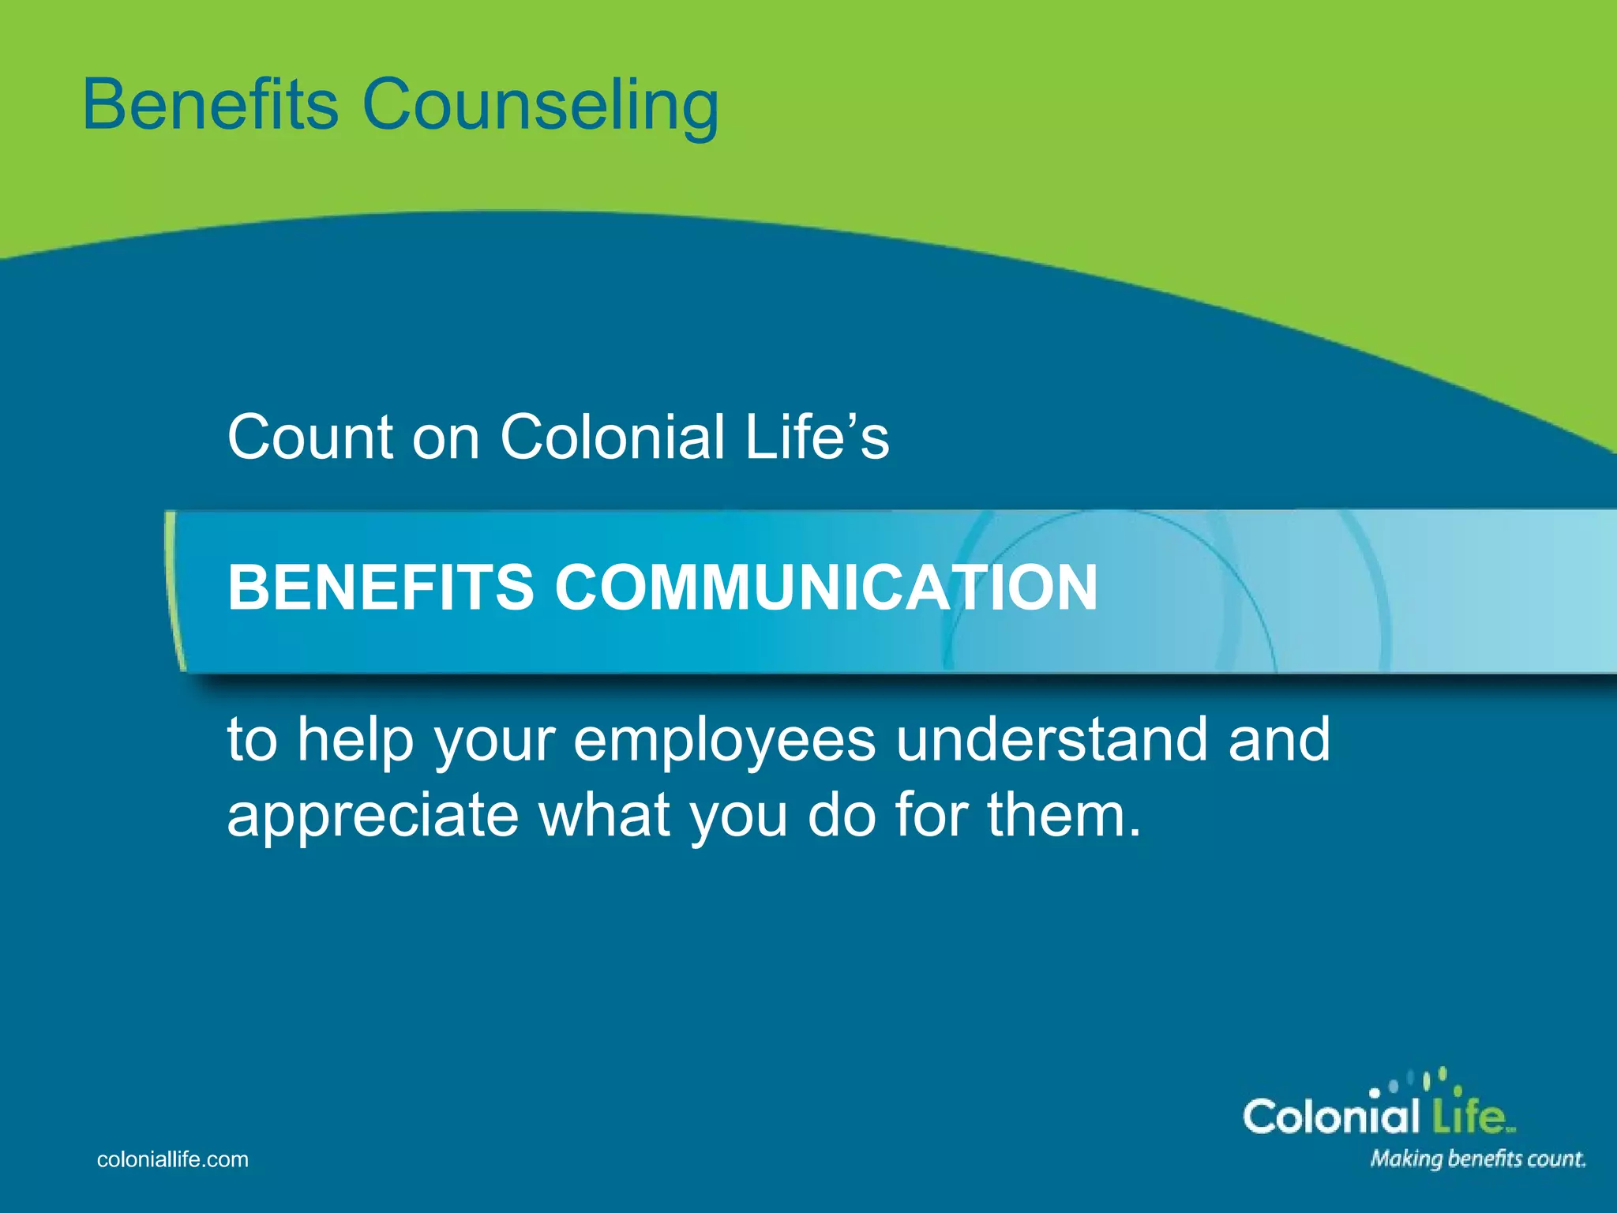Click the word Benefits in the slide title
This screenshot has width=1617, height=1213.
(x=210, y=104)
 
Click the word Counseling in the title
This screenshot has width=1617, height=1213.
(x=540, y=107)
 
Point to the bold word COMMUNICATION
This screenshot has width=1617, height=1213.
(x=826, y=588)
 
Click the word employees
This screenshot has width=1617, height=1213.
(x=724, y=740)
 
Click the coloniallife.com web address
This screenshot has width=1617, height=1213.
(x=172, y=1159)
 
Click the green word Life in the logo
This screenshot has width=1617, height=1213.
(x=1468, y=1117)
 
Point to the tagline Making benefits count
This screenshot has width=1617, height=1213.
(x=1477, y=1159)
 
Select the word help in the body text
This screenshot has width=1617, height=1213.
(x=355, y=740)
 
